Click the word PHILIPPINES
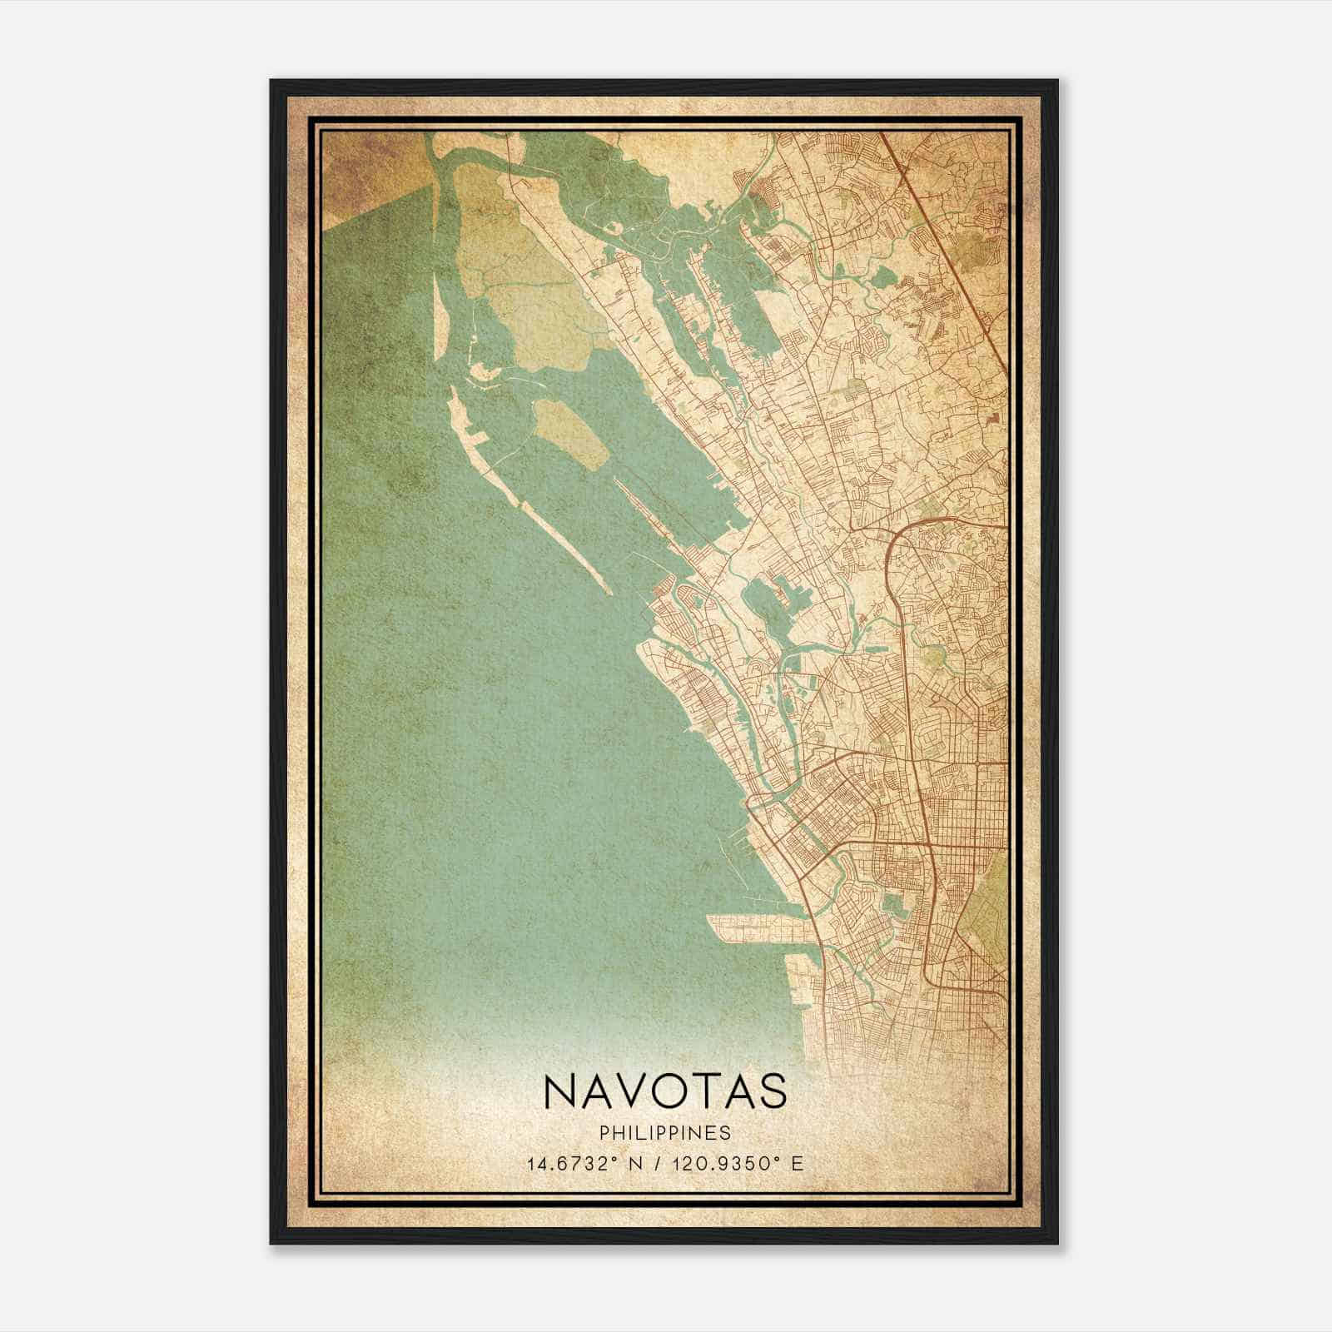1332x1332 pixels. (664, 1133)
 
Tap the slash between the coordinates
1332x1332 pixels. (659, 1163)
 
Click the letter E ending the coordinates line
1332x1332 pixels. (798, 1163)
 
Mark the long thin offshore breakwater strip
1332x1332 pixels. (533, 508)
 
